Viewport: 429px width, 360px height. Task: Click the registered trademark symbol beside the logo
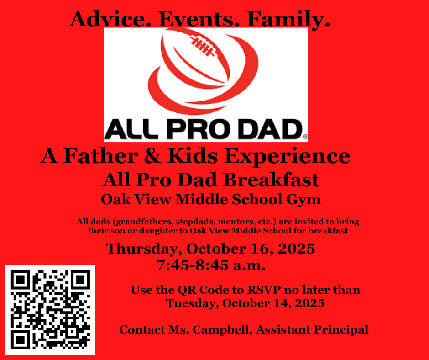pyautogui.click(x=305, y=136)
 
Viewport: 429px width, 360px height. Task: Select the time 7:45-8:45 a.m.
pyautogui.click(x=211, y=265)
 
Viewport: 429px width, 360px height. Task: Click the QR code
pyautogui.click(x=50, y=309)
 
